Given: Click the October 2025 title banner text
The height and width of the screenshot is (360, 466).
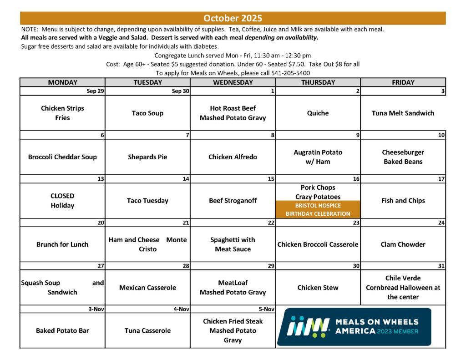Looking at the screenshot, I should (x=233, y=18).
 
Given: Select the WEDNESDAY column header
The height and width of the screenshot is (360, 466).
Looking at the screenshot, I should (x=233, y=82).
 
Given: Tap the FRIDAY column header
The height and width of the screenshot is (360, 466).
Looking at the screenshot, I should (x=403, y=82).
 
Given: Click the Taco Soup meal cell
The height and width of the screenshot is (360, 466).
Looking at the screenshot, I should (x=147, y=113).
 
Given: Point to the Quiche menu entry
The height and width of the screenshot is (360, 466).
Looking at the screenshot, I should (x=318, y=113).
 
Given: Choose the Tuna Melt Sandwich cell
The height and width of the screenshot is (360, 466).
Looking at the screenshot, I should (x=403, y=113).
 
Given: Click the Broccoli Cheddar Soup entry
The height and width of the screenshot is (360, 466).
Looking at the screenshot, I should (x=62, y=157).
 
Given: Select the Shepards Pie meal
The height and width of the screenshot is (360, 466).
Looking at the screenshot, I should (x=147, y=157).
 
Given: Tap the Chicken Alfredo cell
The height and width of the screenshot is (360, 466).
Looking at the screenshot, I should (x=233, y=157).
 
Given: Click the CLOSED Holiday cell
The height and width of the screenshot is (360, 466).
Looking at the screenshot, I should (x=62, y=201).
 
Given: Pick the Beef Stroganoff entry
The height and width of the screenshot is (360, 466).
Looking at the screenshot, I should (x=233, y=201).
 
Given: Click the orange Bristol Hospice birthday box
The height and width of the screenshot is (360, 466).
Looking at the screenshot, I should (x=318, y=209).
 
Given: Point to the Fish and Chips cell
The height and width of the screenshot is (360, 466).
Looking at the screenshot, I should (x=403, y=201).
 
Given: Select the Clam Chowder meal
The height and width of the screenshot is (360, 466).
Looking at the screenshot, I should (x=403, y=244).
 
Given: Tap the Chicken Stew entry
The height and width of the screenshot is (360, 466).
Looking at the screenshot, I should (x=318, y=288).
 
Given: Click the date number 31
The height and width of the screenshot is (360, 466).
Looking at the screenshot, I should (x=441, y=266).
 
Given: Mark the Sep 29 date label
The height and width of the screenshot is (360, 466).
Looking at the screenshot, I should (x=96, y=91).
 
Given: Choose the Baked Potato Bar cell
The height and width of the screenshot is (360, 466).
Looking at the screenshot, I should (x=62, y=330).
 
